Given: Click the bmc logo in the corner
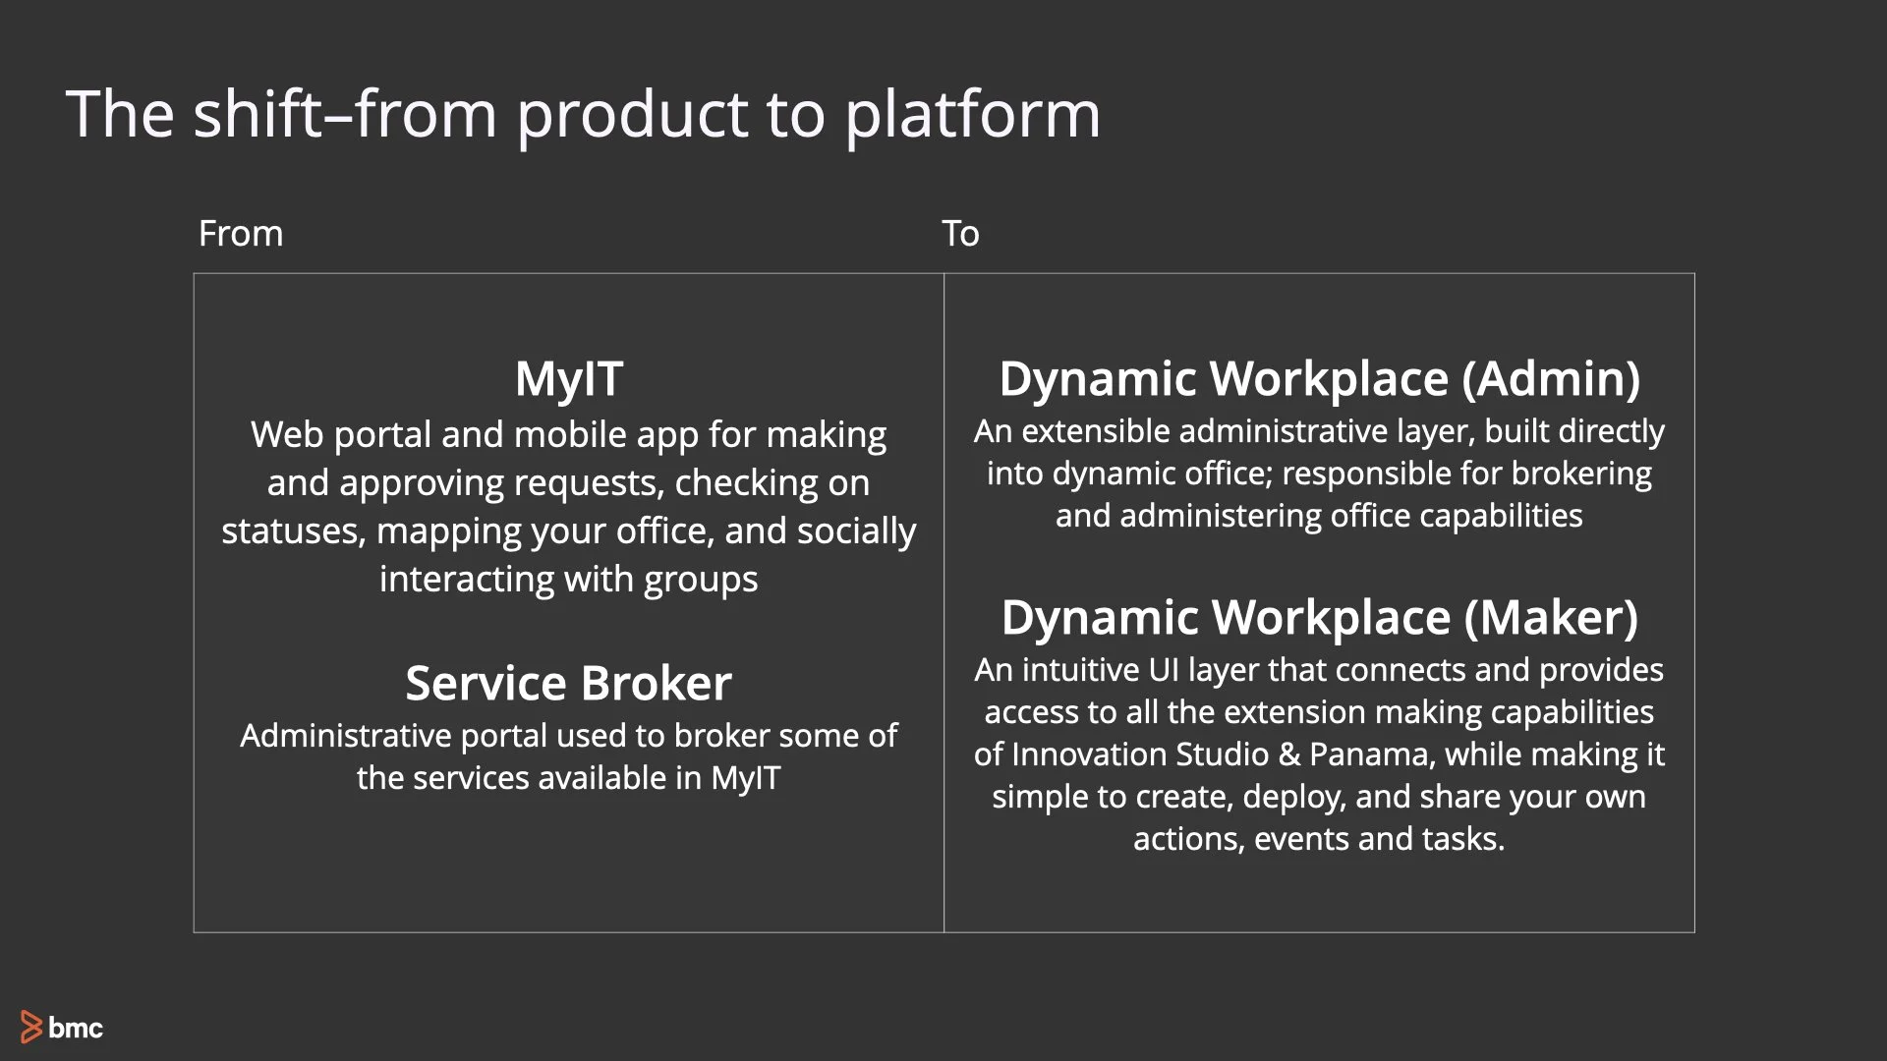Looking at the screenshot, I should click(62, 1027).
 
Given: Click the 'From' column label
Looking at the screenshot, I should click(240, 234).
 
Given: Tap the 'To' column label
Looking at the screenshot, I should click(959, 234).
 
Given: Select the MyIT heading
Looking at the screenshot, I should click(568, 379).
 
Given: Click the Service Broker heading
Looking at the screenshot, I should click(568, 683).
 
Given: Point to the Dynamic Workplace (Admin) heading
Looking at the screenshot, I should click(1319, 379).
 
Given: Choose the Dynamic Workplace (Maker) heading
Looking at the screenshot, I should click(1319, 618).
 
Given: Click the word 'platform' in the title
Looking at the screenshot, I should click(972, 115).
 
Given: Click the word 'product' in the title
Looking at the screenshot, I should click(632, 115).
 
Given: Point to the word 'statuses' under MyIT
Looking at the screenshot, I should click(292, 531).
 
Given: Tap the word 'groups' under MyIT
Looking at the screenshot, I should click(700, 580).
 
